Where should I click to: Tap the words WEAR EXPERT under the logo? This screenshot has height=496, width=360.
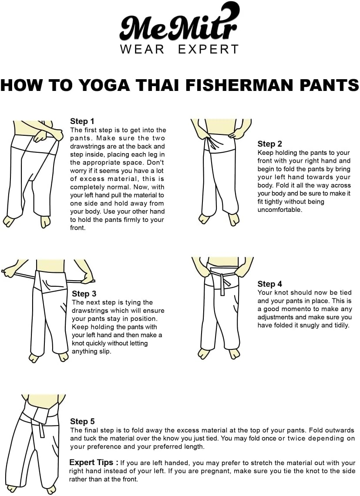coord(179,49)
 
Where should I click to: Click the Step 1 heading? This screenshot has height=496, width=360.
coord(82,121)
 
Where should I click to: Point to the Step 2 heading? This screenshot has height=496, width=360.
coord(269,144)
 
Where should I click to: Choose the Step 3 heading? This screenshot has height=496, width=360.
coord(84,294)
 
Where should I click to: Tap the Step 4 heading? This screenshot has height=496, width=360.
coord(269,284)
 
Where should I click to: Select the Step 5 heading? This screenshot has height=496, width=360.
coord(82,421)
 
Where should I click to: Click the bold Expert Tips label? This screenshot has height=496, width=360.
coord(94,462)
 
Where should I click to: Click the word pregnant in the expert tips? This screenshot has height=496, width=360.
coord(229,471)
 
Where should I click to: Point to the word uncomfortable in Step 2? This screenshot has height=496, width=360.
coord(279,209)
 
